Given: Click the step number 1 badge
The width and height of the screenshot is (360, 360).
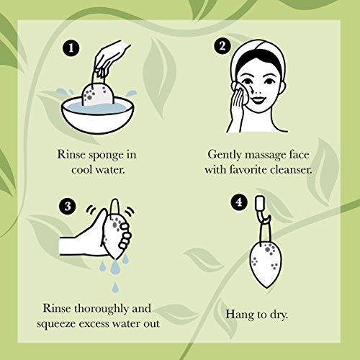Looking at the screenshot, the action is (71, 48).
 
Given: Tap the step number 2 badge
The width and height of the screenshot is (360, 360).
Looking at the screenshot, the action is (222, 46).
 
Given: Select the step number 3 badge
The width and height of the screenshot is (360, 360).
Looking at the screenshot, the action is (68, 207).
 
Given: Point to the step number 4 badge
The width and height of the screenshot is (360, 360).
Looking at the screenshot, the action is (239, 203).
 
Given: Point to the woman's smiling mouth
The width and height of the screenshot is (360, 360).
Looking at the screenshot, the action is (257, 99).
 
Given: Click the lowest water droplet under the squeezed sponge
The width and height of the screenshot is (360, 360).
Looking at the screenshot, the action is (116, 286).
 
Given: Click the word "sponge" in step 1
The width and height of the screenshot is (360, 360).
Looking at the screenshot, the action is (106, 156).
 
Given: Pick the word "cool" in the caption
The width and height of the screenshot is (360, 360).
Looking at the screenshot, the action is (82, 170).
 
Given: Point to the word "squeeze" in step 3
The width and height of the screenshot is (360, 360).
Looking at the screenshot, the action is (56, 324).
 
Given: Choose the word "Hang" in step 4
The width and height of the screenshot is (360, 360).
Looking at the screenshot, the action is (239, 315).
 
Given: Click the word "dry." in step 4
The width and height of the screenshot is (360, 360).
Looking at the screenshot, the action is (279, 315).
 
